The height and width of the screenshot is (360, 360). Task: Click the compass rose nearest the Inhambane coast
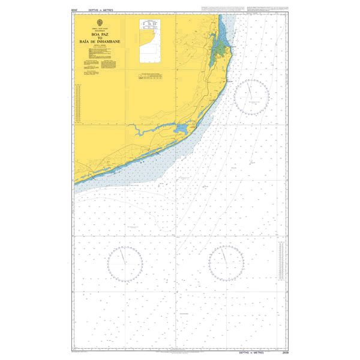click(251, 97)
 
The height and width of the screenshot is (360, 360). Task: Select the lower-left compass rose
click(125, 263)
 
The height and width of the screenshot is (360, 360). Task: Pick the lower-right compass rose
click(226, 263)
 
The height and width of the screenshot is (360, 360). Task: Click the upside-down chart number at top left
click(75, 11)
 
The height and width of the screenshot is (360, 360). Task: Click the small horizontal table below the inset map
click(149, 76)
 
